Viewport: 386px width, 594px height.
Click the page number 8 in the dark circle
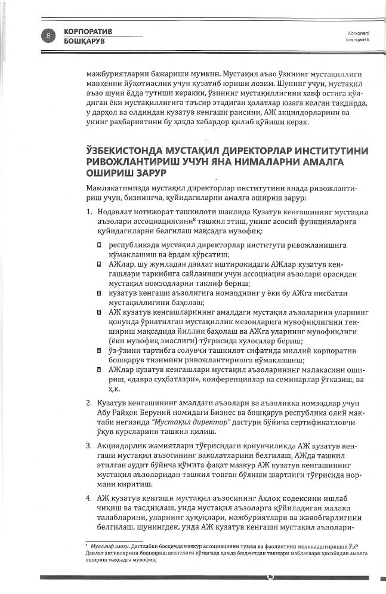pos(47,36)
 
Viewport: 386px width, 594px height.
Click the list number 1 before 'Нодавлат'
pos(87,212)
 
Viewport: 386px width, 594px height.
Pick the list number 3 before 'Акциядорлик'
pos(87,445)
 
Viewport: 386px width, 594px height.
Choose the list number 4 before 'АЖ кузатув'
pos(87,498)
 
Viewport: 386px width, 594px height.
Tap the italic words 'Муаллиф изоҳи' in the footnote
pos(106,546)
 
